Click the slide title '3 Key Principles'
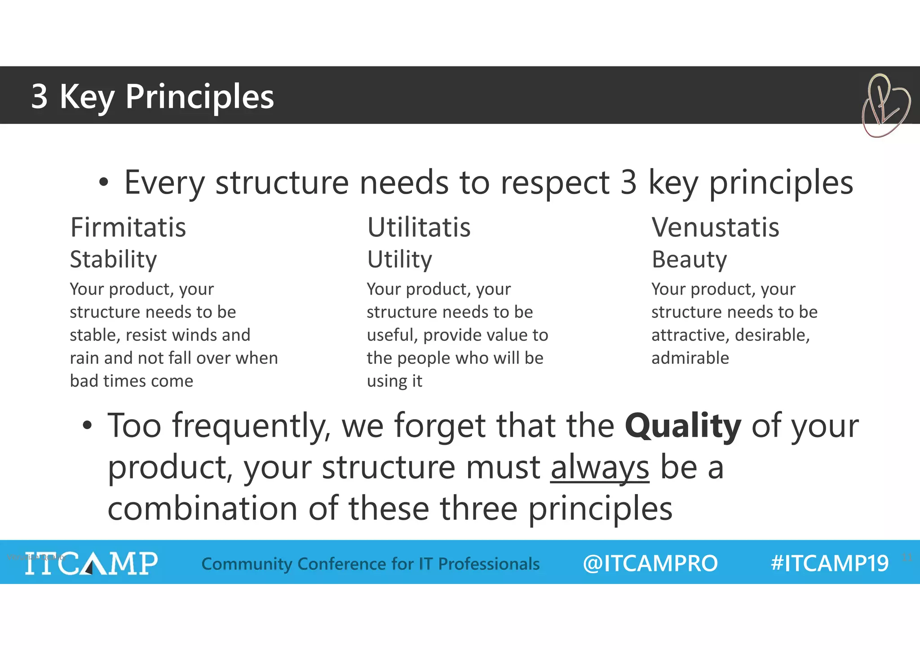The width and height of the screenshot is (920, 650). (x=152, y=96)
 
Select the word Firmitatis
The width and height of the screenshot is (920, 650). (x=128, y=227)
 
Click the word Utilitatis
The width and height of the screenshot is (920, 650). (x=419, y=227)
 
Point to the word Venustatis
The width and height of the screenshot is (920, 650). (x=715, y=227)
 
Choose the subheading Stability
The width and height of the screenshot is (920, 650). (x=113, y=260)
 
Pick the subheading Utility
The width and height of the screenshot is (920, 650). (x=399, y=260)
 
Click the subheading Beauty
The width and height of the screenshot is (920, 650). (x=689, y=260)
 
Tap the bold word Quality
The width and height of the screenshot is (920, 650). (x=682, y=426)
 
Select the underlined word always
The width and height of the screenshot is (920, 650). (x=600, y=468)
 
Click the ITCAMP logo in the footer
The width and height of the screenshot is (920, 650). (x=91, y=563)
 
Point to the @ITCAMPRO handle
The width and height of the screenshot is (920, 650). (x=650, y=563)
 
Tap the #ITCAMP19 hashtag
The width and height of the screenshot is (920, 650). (x=829, y=563)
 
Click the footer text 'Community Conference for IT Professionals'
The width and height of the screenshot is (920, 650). (x=371, y=564)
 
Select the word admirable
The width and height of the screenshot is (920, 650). (x=690, y=358)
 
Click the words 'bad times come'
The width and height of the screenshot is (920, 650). (x=131, y=381)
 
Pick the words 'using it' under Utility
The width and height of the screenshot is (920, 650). (x=394, y=381)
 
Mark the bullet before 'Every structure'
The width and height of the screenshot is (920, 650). (x=104, y=183)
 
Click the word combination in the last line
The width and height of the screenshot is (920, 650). (x=203, y=509)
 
